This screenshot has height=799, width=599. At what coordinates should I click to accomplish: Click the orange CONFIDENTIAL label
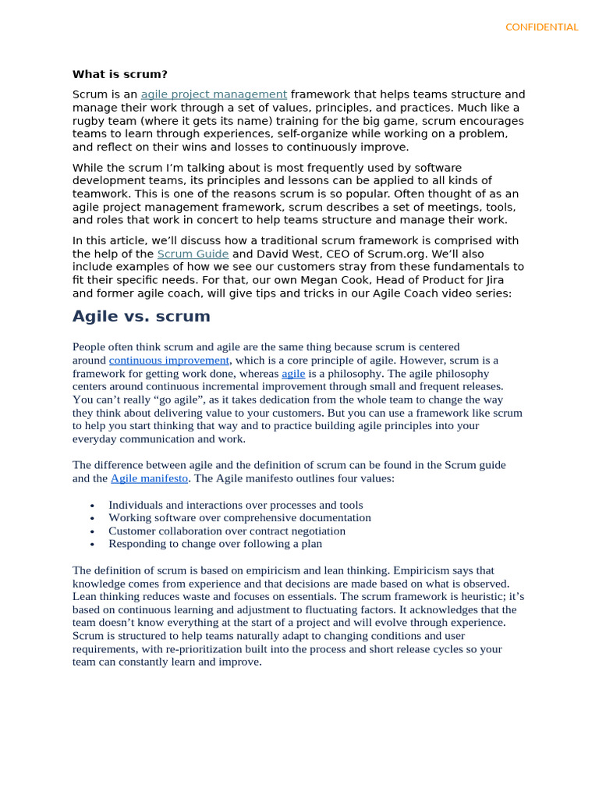[x=541, y=27]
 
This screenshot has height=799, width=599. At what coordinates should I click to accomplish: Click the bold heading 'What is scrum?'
[x=119, y=74]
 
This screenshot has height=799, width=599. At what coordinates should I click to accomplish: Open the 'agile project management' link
[x=214, y=94]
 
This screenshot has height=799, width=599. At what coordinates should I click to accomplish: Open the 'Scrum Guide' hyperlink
[x=193, y=254]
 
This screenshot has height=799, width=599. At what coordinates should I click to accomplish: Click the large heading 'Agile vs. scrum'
[x=141, y=316]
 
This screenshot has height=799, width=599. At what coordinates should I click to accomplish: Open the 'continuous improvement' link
[x=169, y=360]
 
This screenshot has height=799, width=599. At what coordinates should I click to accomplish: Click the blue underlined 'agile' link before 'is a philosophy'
[x=293, y=374]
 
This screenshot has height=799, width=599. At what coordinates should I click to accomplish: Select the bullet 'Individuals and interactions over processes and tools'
[x=236, y=505]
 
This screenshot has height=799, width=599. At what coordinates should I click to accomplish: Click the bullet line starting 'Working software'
[x=239, y=517]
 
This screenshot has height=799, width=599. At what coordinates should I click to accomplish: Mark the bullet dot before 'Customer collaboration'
[x=92, y=531]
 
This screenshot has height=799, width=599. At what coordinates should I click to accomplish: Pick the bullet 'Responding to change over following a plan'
[x=215, y=544]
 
